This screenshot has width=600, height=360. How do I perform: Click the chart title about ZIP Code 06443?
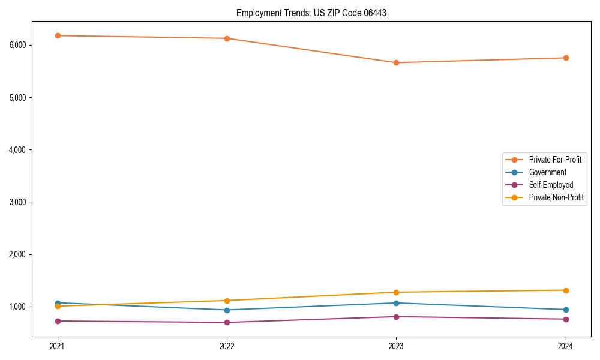point(311,13)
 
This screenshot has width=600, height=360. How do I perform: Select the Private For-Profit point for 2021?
point(58,36)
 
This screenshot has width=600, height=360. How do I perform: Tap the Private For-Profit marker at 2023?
point(396,62)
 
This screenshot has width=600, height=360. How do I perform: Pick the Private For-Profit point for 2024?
point(566,58)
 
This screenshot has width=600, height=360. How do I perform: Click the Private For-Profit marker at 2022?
point(227,38)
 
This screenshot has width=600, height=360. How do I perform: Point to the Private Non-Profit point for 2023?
point(396,292)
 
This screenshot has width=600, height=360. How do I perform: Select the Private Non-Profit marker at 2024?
point(566,290)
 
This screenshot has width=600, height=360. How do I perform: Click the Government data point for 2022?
point(227,310)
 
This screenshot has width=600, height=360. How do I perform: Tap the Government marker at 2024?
point(566,310)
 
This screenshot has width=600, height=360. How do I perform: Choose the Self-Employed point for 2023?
point(396,317)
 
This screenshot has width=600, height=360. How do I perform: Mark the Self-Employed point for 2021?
point(58,321)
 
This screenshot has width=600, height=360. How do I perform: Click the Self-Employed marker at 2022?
point(227,323)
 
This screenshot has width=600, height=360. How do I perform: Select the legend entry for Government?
point(547,172)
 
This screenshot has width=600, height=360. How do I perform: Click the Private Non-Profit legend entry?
point(556,197)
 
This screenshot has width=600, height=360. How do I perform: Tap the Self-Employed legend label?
point(551,185)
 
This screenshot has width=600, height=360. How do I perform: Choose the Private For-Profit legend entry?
point(555,160)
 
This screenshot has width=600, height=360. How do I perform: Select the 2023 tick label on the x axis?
point(396,346)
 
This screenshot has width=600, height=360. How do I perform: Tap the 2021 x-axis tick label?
point(58,346)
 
